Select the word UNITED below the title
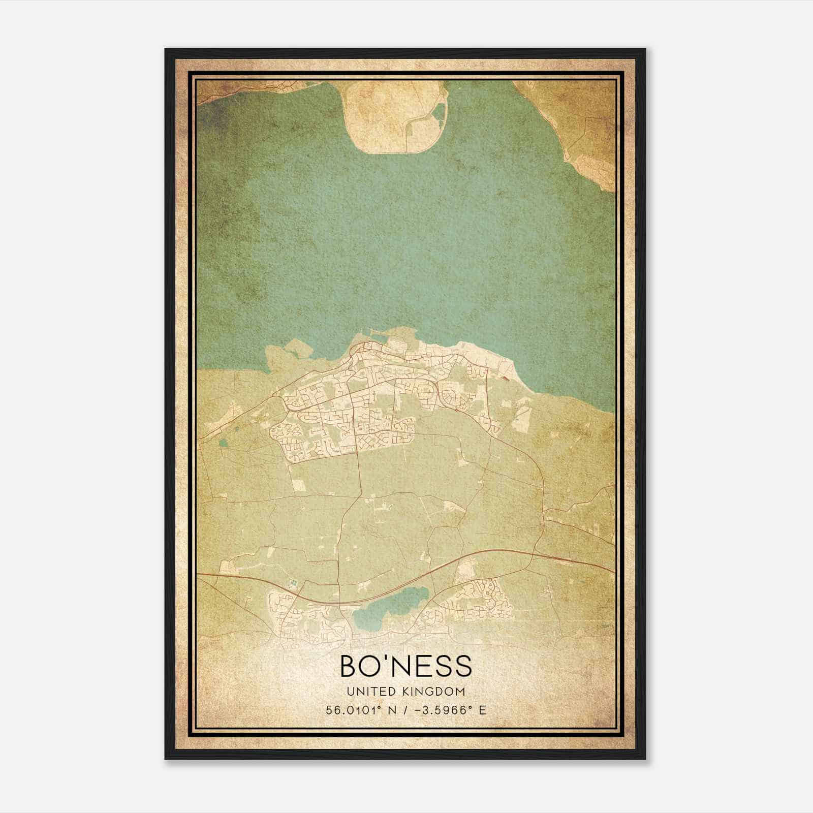coord(367,692)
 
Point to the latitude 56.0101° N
coord(357,710)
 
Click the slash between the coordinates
coord(405,710)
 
